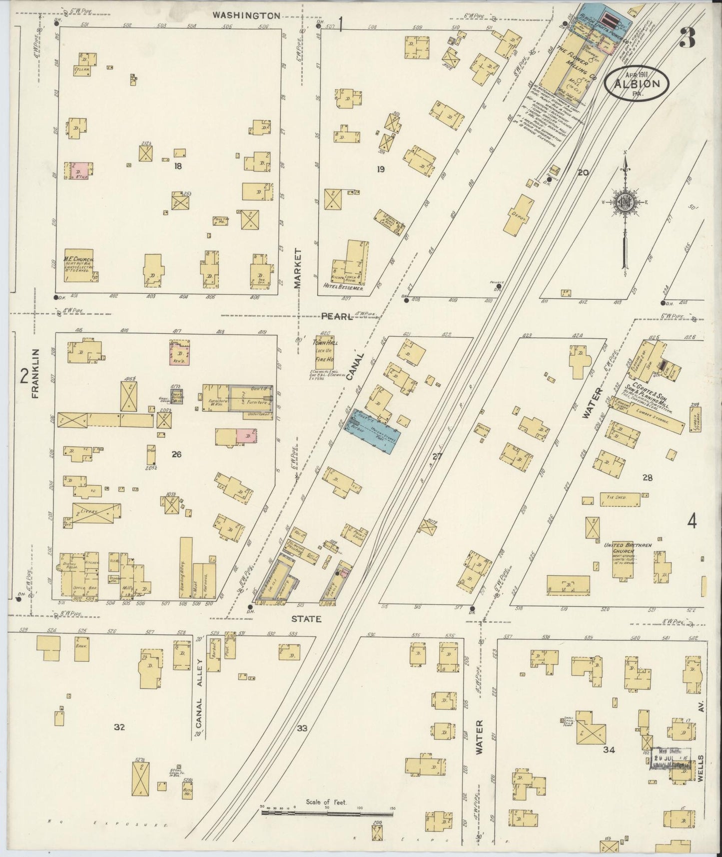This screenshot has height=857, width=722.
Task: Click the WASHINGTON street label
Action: [x=246, y=15]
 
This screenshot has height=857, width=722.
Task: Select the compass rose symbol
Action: [x=625, y=202]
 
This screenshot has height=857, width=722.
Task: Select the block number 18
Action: [x=177, y=166]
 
